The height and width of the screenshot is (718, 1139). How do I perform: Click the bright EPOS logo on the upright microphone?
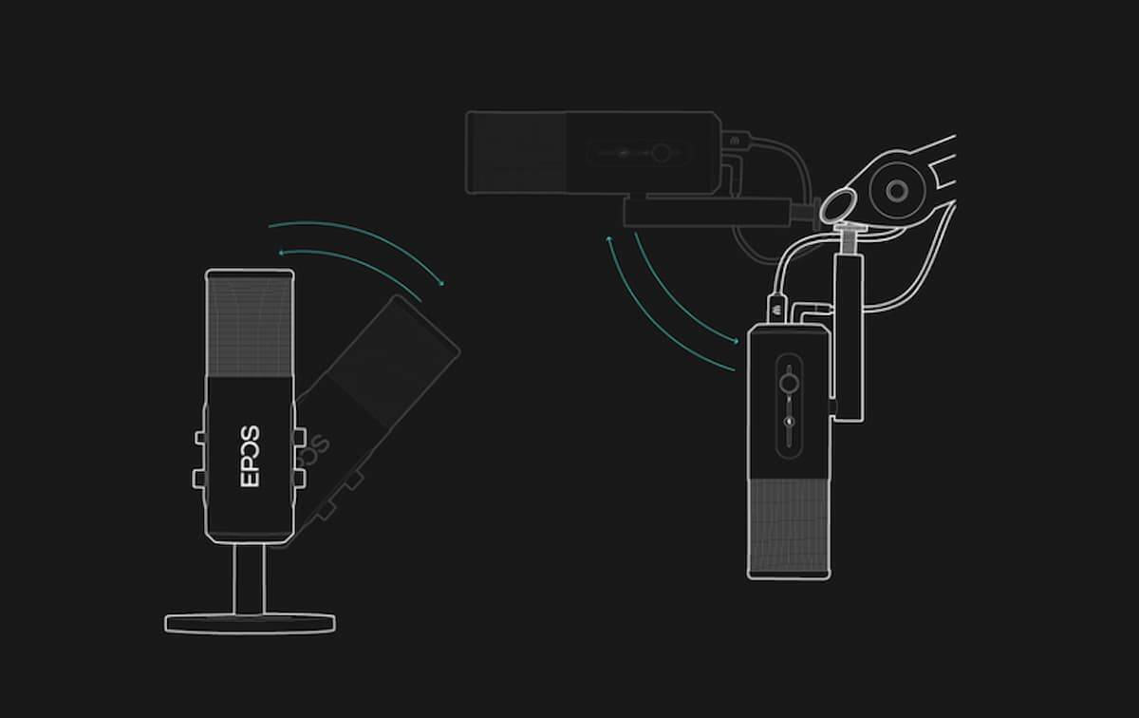pos(250,457)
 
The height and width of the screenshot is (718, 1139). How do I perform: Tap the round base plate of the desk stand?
pos(250,623)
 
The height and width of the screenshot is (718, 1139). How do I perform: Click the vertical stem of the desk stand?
pos(249,578)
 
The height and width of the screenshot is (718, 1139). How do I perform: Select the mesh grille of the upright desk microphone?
pos(250,326)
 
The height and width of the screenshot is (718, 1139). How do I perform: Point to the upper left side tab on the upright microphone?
pos(200,437)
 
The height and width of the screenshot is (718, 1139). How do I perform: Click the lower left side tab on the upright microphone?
pos(198,479)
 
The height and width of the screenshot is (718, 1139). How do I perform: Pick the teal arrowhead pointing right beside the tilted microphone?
pos(441,283)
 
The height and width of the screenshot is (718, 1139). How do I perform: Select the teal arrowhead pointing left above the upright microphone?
pos(281,253)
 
